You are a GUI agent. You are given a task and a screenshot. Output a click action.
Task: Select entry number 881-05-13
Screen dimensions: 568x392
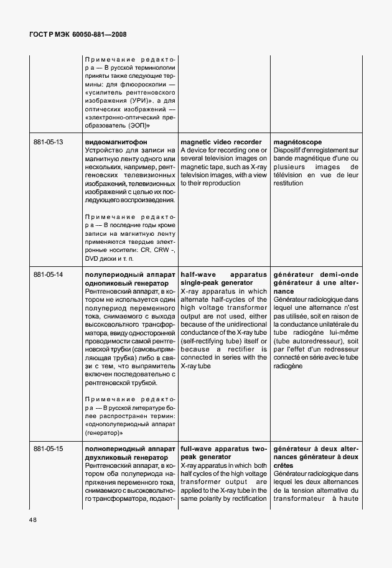(48, 142)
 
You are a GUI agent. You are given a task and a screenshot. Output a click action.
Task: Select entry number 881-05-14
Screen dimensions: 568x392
(48, 274)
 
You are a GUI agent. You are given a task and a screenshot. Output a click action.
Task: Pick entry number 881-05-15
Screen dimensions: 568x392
(48, 449)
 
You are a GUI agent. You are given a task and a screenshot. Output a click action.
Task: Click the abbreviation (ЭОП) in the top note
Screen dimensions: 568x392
(136, 126)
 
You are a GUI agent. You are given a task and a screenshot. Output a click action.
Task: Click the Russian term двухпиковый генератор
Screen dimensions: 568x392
(122, 457)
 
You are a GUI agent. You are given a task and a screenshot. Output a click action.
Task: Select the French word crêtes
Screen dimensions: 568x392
(285, 466)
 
